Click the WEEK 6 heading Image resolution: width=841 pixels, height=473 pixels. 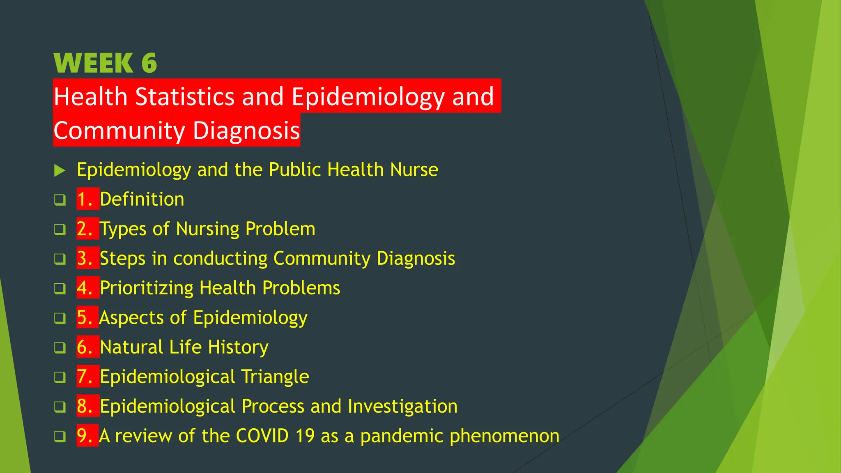[105, 63]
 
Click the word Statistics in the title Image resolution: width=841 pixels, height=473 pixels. [185, 97]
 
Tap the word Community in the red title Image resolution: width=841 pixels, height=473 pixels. [119, 131]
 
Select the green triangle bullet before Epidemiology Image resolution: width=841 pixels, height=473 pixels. [60, 170]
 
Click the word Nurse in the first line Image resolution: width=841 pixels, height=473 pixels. [414, 170]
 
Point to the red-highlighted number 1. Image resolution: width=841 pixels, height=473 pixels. [85, 200]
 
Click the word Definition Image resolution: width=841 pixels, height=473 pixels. [142, 200]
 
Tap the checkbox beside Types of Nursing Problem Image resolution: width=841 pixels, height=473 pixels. [60, 230]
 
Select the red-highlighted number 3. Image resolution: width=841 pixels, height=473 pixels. [85, 259]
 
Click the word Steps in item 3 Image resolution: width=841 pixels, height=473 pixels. [122, 259]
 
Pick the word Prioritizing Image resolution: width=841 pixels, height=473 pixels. [146, 288]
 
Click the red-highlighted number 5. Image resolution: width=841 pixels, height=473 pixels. [85, 318]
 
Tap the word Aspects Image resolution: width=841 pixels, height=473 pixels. [131, 318]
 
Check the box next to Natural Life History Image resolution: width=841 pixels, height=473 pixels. [60, 348]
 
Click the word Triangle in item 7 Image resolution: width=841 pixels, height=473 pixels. [275, 377]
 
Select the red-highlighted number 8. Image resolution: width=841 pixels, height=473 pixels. [85, 406]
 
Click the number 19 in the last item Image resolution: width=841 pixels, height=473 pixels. [305, 436]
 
